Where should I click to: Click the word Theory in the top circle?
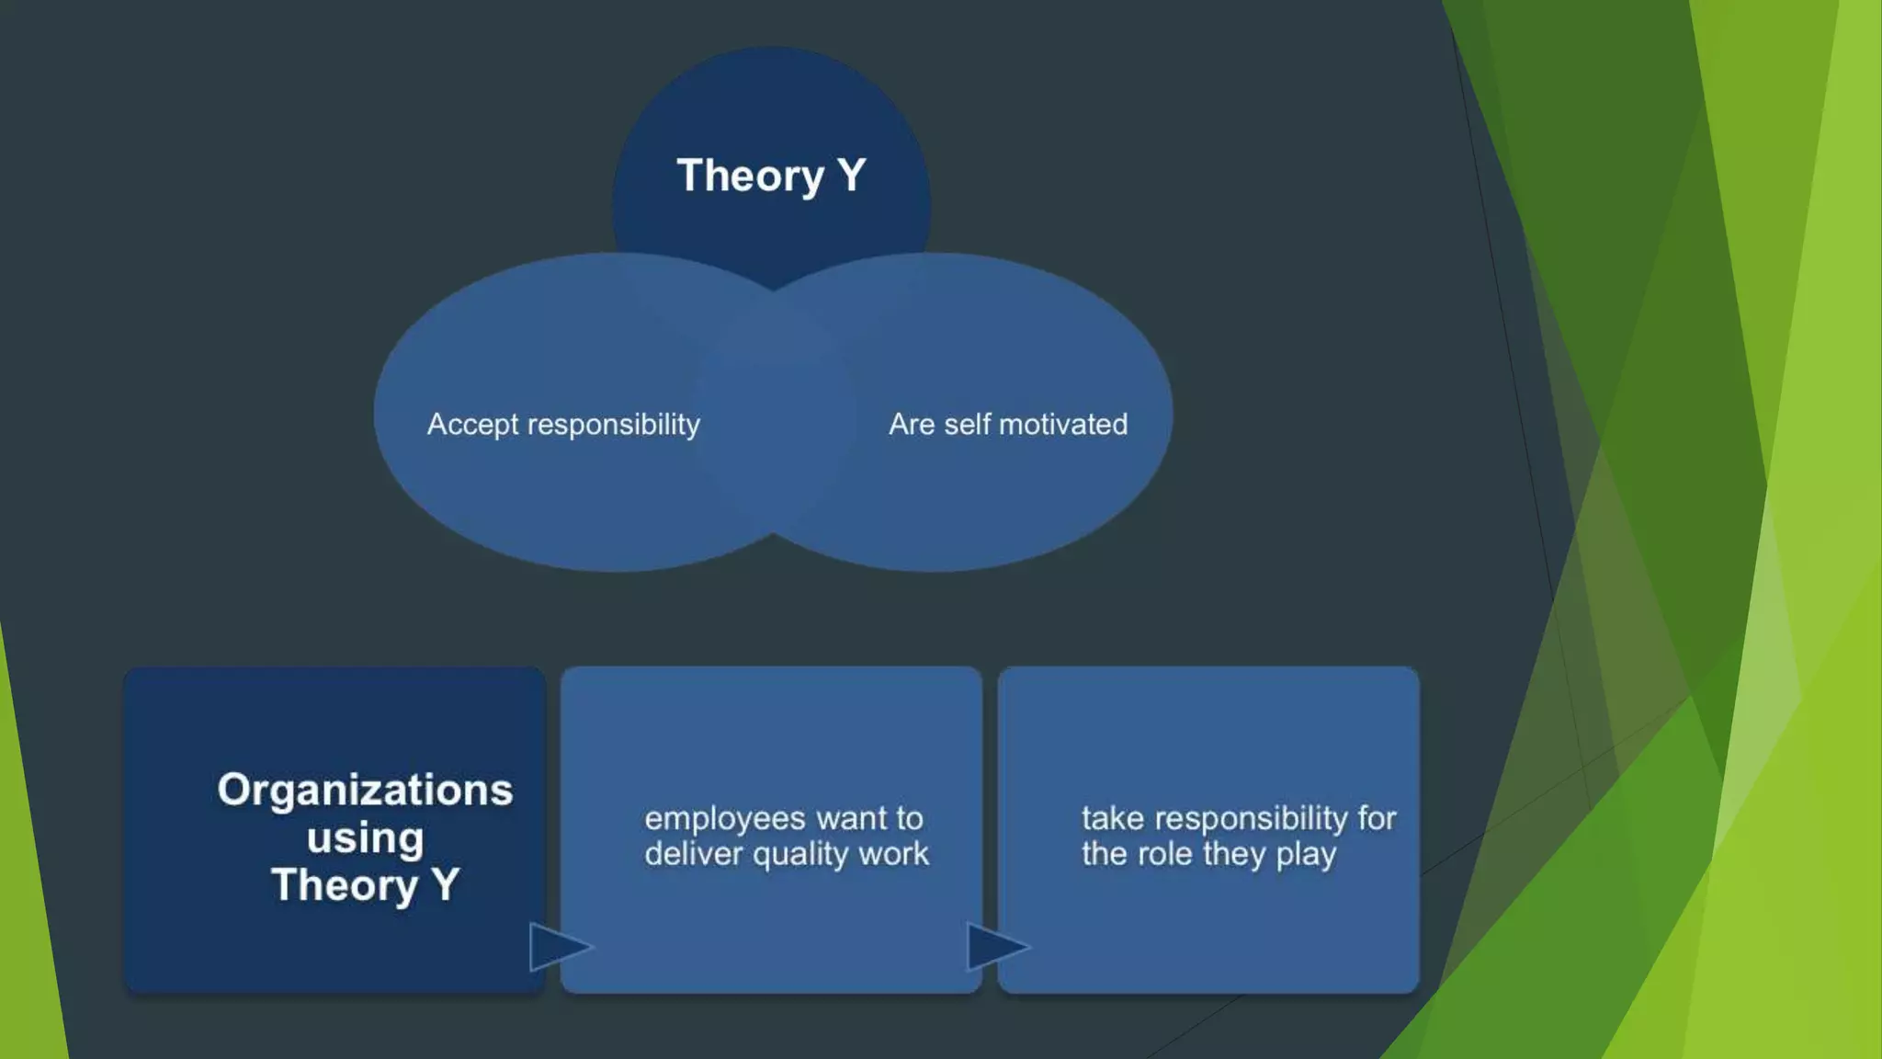(x=750, y=176)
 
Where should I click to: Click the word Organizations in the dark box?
(x=365, y=790)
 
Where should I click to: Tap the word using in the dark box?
(x=365, y=838)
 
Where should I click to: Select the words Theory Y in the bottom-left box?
(x=365, y=885)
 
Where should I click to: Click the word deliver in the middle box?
(x=693, y=854)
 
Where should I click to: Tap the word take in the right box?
(x=1112, y=818)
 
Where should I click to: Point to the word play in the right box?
(x=1306, y=854)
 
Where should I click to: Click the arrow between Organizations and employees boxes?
(x=557, y=947)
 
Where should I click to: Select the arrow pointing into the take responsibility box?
(x=994, y=947)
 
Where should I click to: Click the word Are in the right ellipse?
(x=912, y=424)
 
